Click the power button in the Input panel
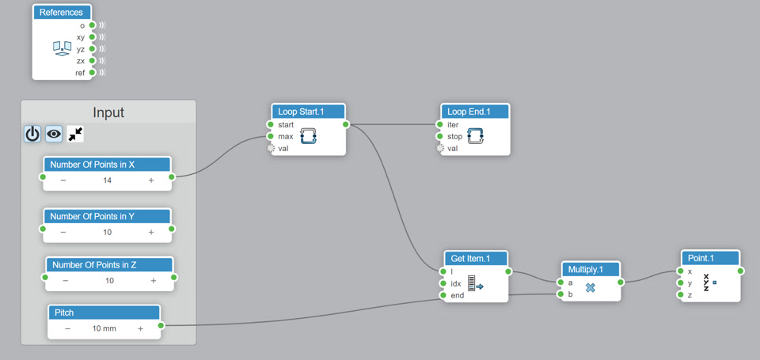(32, 134)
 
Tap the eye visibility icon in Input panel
(54, 134)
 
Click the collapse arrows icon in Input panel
(75, 134)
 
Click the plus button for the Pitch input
(140, 328)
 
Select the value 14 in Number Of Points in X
(107, 180)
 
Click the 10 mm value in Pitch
(104, 328)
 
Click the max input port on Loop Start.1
(271, 136)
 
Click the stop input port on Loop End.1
(440, 136)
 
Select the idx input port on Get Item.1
(443, 283)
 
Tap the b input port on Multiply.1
(560, 294)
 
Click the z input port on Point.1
(680, 295)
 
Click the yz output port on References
(93, 49)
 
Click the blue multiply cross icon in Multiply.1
(590, 288)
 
